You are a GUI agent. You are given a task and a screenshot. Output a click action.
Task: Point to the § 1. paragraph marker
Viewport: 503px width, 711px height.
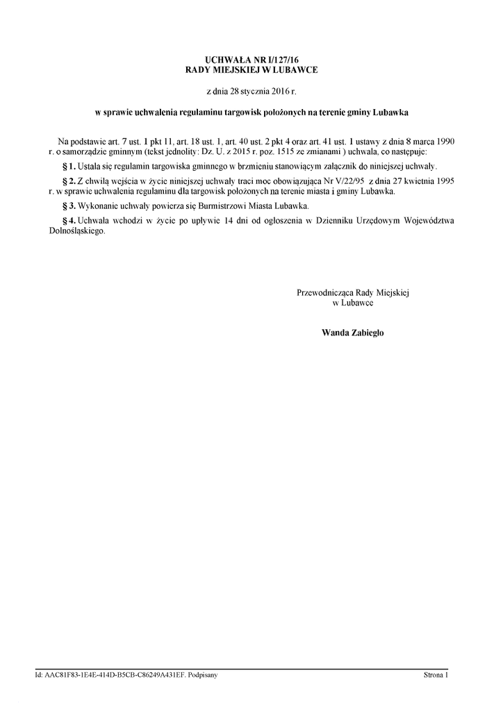click(x=69, y=167)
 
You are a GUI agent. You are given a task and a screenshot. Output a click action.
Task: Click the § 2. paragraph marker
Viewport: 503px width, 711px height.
click(x=69, y=180)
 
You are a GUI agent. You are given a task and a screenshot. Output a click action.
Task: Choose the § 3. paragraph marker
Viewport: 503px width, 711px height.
click(x=69, y=207)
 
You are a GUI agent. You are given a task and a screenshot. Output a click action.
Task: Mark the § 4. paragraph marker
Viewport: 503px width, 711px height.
click(x=69, y=221)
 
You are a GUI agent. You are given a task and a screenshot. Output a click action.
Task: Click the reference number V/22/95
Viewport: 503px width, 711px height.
click(x=349, y=180)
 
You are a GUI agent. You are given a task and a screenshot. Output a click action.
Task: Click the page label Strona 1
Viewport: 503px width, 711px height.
click(x=436, y=675)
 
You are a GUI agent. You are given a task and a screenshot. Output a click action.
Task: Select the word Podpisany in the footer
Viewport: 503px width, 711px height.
click(x=202, y=675)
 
